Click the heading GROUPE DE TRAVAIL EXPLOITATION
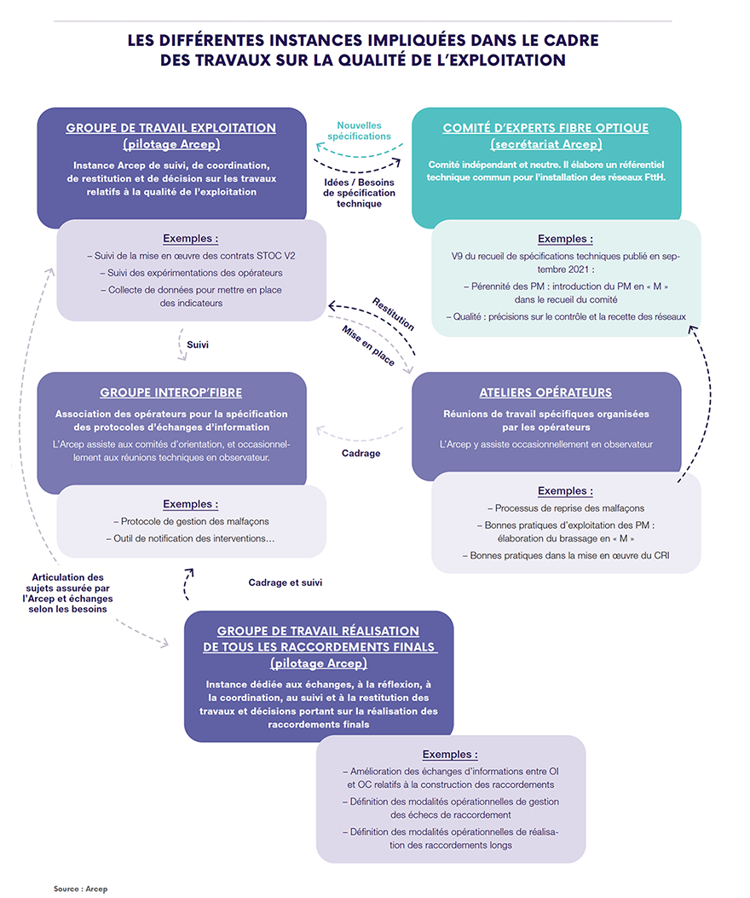click(170, 128)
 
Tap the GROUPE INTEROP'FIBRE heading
click(170, 393)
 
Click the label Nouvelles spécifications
click(364, 130)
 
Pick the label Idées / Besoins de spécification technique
click(359, 193)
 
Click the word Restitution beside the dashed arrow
click(393, 314)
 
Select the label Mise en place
click(368, 345)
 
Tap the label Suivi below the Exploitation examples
click(197, 345)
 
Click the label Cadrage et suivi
click(285, 582)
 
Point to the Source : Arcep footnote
click(81, 889)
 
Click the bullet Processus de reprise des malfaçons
click(565, 507)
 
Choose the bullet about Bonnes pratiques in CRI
click(565, 555)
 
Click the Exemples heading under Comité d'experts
click(565, 239)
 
